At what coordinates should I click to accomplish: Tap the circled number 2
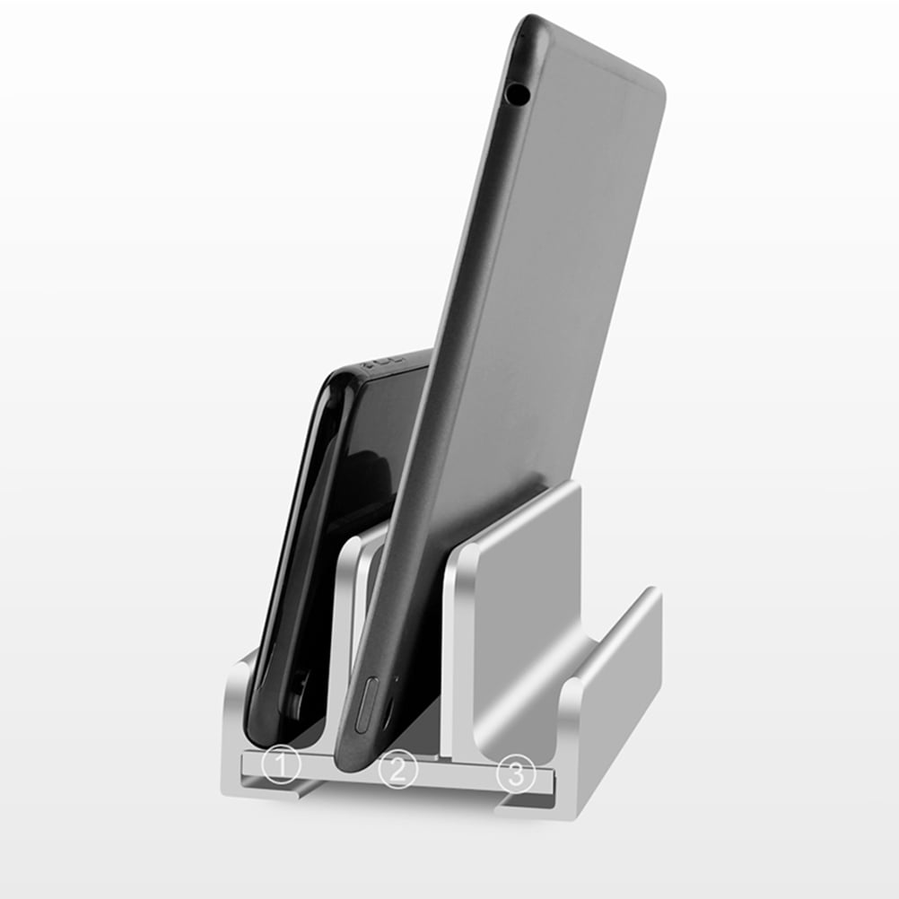point(398,769)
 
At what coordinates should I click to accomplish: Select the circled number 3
point(516,772)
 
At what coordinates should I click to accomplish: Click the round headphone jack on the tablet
point(518,91)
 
